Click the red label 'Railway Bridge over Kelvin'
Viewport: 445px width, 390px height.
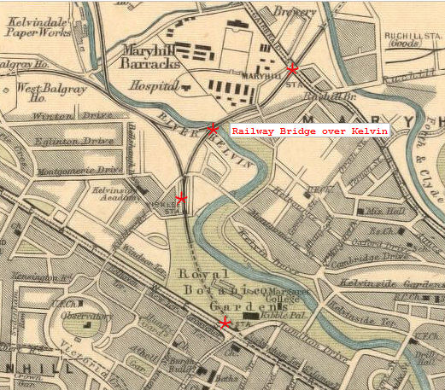coord(309,131)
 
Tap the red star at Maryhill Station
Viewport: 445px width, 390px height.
coord(292,68)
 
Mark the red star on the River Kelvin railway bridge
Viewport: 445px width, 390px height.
coord(212,129)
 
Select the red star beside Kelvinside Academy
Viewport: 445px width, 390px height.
coord(180,199)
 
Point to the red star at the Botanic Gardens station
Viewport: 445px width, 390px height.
coord(225,323)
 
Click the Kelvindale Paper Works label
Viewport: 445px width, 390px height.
coord(38,26)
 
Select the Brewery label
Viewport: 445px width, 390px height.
coord(288,11)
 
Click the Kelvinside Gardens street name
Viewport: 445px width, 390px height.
coord(401,282)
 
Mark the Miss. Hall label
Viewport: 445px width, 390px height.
coord(372,210)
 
